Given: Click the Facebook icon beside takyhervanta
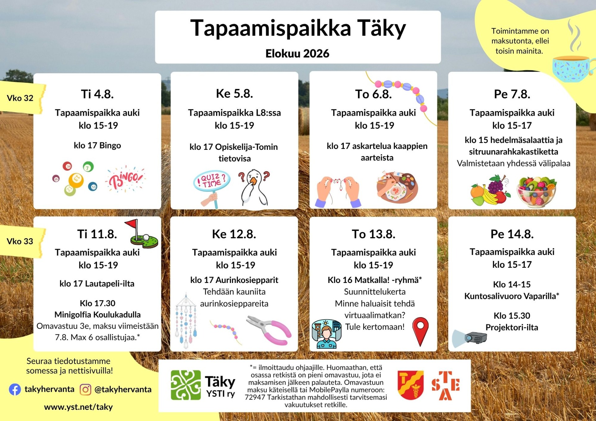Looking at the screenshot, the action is pyautogui.click(x=15, y=389).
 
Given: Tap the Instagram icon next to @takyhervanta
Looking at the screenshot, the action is pyautogui.click(x=85, y=389).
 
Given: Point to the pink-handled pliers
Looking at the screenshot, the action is pyautogui.click(x=269, y=330).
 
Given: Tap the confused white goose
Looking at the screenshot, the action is pyautogui.click(x=254, y=188).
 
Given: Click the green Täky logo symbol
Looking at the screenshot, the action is pyautogui.click(x=186, y=385).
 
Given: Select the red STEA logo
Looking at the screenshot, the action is pyautogui.click(x=445, y=386).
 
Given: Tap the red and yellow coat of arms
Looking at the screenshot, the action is pyautogui.click(x=411, y=385).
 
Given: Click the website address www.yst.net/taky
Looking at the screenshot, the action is pyautogui.click(x=78, y=407).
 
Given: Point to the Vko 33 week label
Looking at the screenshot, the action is pyautogui.click(x=20, y=241).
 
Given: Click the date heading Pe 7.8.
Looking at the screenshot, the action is pyautogui.click(x=512, y=94).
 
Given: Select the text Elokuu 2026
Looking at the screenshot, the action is pyautogui.click(x=297, y=53).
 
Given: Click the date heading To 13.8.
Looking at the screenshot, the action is pyautogui.click(x=373, y=234).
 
